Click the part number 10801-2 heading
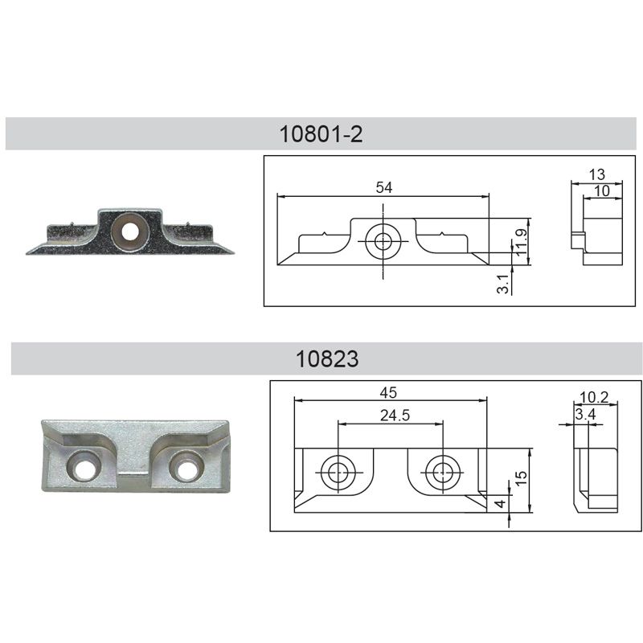click(321, 134)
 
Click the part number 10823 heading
click(327, 358)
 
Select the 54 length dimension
click(384, 187)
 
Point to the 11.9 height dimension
click(521, 243)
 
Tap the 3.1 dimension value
click(503, 284)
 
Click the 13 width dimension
click(596, 174)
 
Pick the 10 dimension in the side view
click(601, 191)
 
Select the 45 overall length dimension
click(388, 393)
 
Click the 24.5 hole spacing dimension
click(395, 416)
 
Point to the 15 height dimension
click(521, 478)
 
